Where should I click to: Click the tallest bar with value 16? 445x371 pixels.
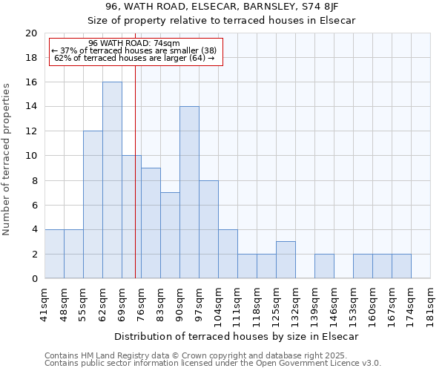pyautogui.click(x=112, y=180)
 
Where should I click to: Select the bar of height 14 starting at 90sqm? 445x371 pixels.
pyautogui.click(x=189, y=192)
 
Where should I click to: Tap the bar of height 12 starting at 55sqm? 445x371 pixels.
pyautogui.click(x=93, y=205)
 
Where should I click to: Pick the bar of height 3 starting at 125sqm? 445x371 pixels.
pyautogui.click(x=286, y=260)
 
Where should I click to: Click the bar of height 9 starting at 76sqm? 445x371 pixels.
pyautogui.click(x=151, y=223)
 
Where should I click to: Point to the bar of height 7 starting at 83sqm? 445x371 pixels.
pyautogui.click(x=170, y=235)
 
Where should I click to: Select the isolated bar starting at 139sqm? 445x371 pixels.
pyautogui.click(x=324, y=266)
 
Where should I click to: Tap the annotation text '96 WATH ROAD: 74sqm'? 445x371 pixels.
pyautogui.click(x=133, y=44)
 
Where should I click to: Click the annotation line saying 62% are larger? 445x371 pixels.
pyautogui.click(x=135, y=58)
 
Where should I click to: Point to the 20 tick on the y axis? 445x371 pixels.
pyautogui.click(x=30, y=33)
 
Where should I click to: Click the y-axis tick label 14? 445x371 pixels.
pyautogui.click(x=30, y=107)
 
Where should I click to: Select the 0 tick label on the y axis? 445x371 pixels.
pyautogui.click(x=33, y=279)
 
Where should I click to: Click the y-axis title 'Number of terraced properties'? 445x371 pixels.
pyautogui.click(x=7, y=160)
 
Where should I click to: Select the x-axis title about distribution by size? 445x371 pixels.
pyautogui.click(x=238, y=336)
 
